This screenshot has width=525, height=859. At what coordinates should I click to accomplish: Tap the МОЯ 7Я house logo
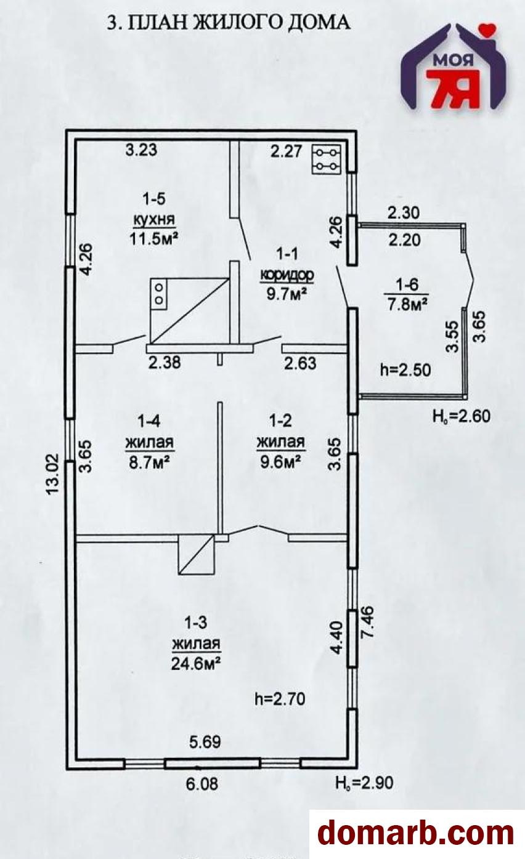(x=456, y=67)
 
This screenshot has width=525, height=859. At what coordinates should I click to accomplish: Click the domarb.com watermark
(x=415, y=834)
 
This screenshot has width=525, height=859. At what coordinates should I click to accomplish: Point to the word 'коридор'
(x=287, y=274)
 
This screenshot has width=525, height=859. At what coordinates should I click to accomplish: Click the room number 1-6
(x=406, y=284)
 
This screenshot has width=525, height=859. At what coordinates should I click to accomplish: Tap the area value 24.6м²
(x=197, y=662)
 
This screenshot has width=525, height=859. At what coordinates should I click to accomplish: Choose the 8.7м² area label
(x=149, y=460)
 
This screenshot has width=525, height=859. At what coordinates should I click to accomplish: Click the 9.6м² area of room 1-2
(x=280, y=460)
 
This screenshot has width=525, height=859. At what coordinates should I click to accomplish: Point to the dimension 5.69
(x=203, y=742)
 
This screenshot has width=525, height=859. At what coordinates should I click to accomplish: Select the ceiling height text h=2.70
(x=280, y=699)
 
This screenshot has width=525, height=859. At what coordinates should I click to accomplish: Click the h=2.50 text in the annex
(x=405, y=370)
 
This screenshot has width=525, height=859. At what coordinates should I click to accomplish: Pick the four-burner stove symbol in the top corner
(x=326, y=158)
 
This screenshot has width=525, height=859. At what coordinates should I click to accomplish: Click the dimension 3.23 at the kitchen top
(x=142, y=150)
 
